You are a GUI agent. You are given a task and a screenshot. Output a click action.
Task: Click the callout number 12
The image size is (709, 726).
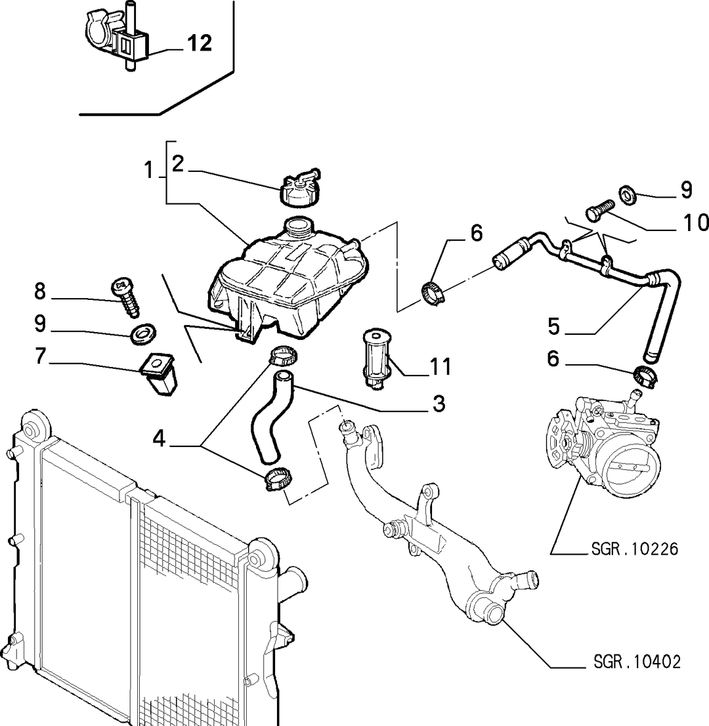coord(200,43)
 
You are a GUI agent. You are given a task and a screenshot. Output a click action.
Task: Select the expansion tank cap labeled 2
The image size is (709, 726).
coord(299,188)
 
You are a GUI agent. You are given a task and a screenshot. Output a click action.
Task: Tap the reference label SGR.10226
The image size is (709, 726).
coord(634,549)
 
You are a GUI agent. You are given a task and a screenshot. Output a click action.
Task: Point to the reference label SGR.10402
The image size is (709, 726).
coord(637,662)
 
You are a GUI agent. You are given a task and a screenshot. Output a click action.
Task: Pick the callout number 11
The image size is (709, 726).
coord(440,367)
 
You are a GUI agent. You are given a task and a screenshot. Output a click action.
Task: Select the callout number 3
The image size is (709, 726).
coord(439,403)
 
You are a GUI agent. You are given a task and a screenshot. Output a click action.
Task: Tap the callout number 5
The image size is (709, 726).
coord(554,326)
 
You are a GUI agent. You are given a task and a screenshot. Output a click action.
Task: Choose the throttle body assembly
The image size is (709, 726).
coord(602,443)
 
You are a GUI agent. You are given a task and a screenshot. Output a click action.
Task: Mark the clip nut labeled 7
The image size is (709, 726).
coord(159,374)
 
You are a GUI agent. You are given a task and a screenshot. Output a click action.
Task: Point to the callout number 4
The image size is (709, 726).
coord(159,438)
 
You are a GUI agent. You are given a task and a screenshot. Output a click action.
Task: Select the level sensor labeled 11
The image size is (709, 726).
coord(376,352)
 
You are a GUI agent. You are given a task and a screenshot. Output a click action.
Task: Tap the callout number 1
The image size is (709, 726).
coord(148,170)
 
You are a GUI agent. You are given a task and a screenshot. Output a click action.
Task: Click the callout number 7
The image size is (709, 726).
coord(40,356)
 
